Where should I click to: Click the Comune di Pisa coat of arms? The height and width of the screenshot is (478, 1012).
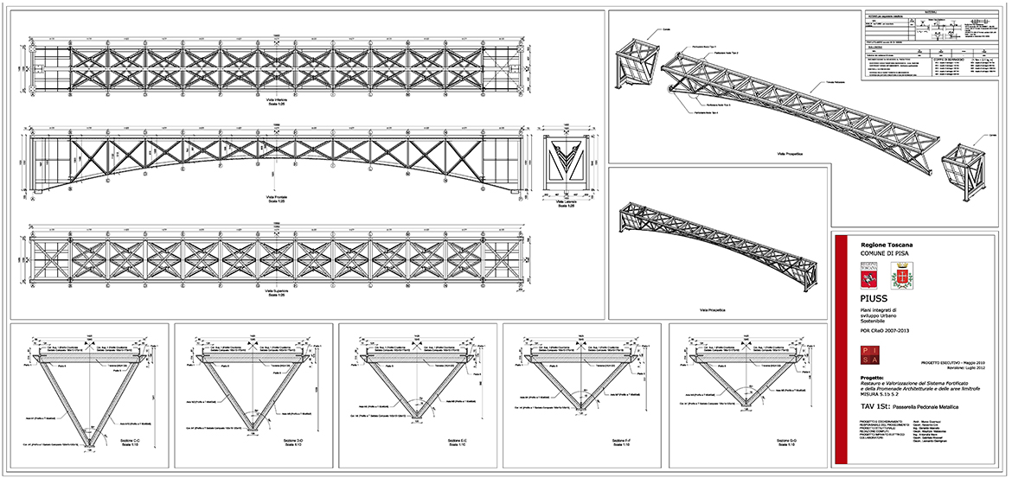point(901,276)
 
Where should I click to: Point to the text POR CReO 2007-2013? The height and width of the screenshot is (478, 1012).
point(885,329)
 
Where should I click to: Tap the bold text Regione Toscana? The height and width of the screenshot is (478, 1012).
point(881,245)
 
